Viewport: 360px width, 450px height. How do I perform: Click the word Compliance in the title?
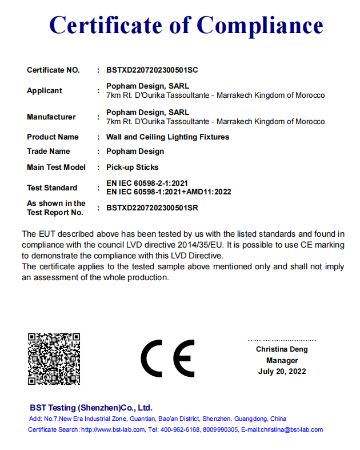click(x=260, y=26)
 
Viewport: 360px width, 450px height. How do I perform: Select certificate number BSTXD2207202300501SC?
click(x=152, y=70)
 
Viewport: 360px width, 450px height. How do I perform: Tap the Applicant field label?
click(x=45, y=91)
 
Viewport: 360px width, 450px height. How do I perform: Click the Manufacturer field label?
click(x=51, y=117)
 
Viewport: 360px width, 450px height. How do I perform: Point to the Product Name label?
click(x=53, y=137)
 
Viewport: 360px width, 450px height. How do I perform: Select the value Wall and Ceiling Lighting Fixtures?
click(x=167, y=137)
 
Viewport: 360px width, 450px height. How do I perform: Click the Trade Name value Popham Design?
click(x=135, y=152)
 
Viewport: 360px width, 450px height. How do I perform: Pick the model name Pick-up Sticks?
click(x=132, y=168)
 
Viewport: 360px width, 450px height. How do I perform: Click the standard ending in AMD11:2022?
click(x=169, y=192)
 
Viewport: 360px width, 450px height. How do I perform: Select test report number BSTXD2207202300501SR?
click(x=152, y=208)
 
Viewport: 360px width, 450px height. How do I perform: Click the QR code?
click(x=54, y=359)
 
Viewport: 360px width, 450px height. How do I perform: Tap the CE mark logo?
click(x=167, y=359)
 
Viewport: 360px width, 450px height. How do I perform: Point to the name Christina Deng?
click(x=282, y=349)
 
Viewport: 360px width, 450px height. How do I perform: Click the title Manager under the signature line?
click(x=282, y=361)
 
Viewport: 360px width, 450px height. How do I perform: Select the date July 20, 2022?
click(x=282, y=372)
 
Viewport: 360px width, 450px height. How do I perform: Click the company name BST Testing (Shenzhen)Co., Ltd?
click(x=91, y=408)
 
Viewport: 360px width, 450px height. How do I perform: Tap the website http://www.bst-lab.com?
click(x=113, y=429)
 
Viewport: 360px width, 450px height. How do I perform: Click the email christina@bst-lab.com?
click(x=293, y=429)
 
